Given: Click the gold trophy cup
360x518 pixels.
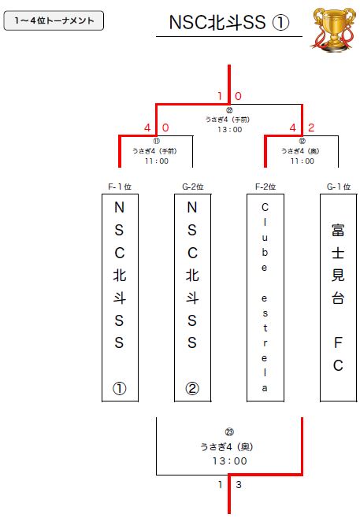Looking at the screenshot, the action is (x=334, y=30).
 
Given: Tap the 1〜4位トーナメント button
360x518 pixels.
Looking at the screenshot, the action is (x=54, y=20).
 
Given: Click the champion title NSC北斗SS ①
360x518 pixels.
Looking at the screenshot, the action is (x=229, y=23).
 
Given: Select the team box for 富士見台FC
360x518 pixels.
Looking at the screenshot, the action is (x=338, y=298).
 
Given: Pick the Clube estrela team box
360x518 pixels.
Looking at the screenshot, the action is (x=265, y=298).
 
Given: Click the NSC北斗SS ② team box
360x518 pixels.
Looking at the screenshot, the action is (x=192, y=298).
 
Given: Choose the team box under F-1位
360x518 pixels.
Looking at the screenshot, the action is (x=120, y=298).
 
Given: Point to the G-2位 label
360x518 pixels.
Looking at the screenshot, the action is (x=193, y=187).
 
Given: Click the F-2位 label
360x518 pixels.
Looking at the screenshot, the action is (x=265, y=187).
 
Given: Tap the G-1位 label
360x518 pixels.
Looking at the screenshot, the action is (x=339, y=187).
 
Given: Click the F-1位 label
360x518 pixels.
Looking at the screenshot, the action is (x=120, y=187).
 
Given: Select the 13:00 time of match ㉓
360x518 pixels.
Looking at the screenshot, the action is (x=229, y=461).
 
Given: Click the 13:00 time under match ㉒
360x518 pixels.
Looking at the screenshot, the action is (x=229, y=129).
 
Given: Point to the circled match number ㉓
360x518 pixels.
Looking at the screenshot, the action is (x=229, y=431).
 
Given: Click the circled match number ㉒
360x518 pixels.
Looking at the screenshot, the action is (x=229, y=110).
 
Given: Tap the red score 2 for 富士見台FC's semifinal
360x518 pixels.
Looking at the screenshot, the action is (x=310, y=128).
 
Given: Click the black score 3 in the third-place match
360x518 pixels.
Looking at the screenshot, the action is (x=239, y=485).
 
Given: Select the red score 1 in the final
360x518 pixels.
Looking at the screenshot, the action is (x=220, y=96).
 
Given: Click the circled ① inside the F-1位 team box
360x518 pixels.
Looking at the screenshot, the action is (x=119, y=389).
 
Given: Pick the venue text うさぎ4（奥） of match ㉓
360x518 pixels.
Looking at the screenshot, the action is (x=227, y=446).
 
